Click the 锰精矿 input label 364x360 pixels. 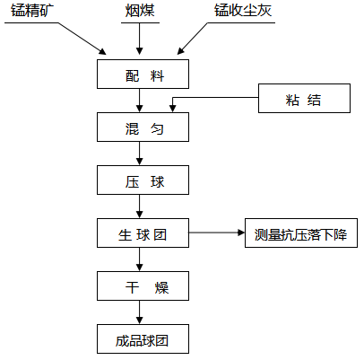click(32, 11)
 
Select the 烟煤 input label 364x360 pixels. click(140, 11)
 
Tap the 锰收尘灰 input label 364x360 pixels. click(243, 11)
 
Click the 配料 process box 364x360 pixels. click(143, 74)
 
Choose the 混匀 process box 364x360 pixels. click(143, 127)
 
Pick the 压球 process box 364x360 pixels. click(143, 180)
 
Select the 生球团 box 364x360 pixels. click(143, 233)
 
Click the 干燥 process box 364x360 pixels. click(143, 285)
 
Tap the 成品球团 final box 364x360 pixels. click(143, 338)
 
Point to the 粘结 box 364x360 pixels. click(304, 98)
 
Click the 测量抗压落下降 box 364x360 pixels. click(301, 233)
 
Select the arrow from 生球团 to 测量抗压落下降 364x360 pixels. click(217, 233)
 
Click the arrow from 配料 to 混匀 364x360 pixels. click(139, 101)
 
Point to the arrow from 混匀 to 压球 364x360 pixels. click(139, 154)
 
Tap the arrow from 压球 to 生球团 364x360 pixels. click(139, 206)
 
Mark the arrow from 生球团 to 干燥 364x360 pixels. click(139, 259)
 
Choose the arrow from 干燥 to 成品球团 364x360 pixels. click(139, 312)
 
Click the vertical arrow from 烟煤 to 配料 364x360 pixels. click(139, 39)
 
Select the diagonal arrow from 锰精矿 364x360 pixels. click(82, 39)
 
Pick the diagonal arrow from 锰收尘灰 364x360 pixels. click(192, 39)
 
